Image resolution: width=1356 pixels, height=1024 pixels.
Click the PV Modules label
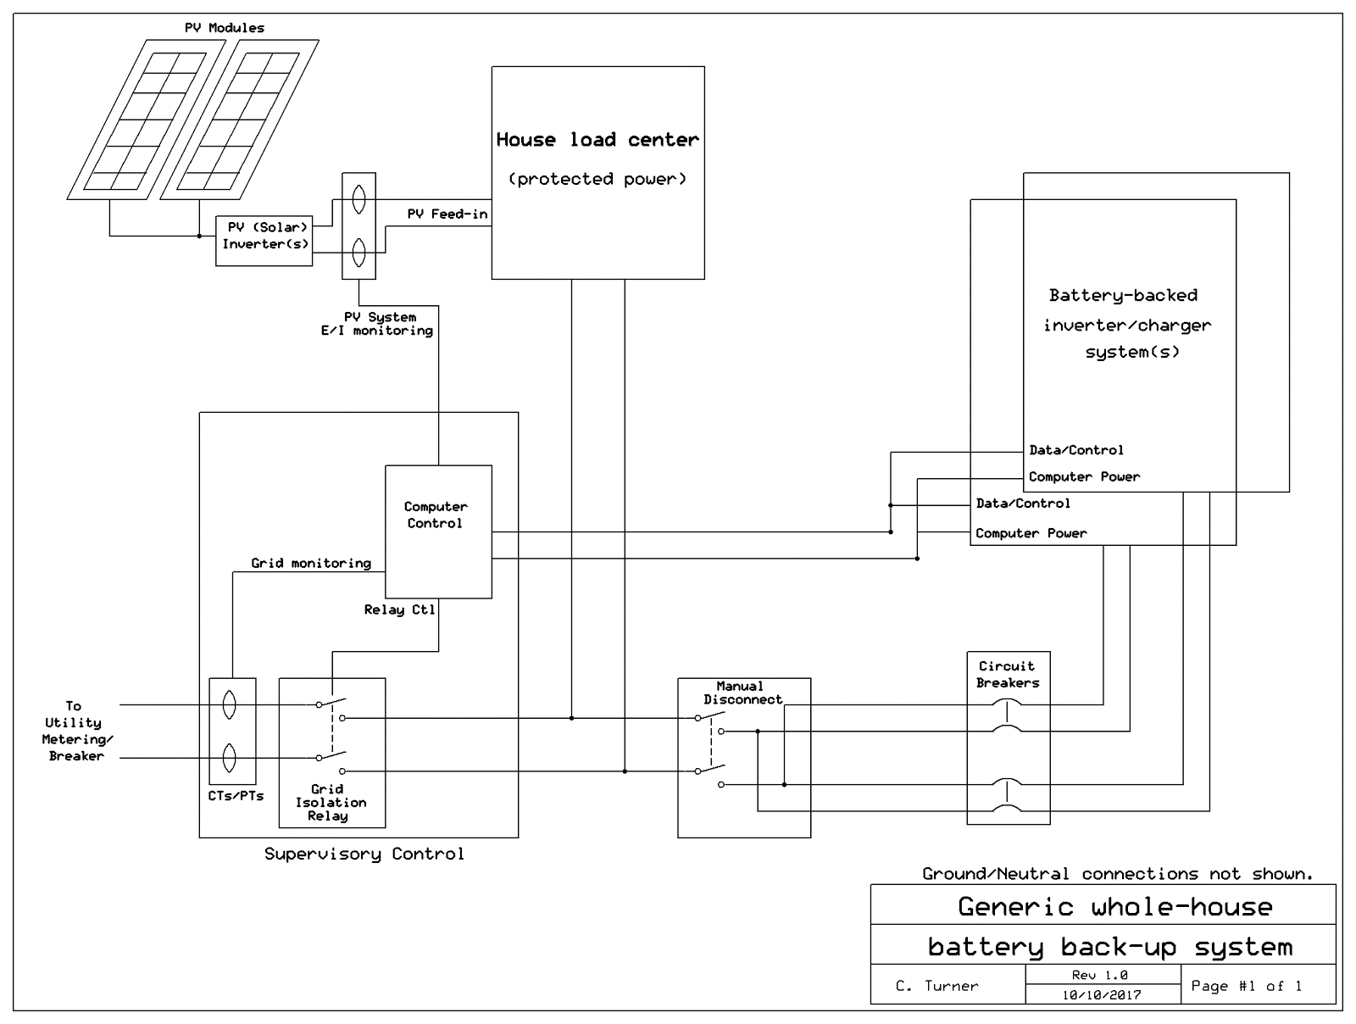(225, 28)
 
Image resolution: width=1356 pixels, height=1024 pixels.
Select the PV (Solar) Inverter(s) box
(264, 241)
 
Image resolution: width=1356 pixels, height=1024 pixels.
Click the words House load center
(597, 140)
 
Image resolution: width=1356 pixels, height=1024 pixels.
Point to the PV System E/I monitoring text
(377, 324)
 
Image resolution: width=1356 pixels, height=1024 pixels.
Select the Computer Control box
(437, 531)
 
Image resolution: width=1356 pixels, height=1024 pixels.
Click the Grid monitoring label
(310, 563)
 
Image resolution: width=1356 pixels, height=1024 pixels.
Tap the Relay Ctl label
(399, 609)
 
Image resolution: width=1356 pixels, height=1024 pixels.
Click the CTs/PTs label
(236, 796)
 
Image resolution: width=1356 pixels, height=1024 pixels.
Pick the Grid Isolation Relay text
(331, 802)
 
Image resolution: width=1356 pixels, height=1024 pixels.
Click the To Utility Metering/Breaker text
(75, 731)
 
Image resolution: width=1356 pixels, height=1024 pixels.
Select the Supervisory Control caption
(364, 854)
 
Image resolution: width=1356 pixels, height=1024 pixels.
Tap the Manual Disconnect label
(742, 693)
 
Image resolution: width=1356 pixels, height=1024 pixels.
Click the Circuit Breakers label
(1007, 674)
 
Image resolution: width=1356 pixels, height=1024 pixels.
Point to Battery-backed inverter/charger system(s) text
(1125, 324)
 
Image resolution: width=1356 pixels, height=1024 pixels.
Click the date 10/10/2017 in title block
(1102, 995)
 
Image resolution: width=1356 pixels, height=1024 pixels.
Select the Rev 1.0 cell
(1100, 975)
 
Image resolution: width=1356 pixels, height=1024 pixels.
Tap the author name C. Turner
(936, 986)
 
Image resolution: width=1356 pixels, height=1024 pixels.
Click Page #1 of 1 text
(1246, 986)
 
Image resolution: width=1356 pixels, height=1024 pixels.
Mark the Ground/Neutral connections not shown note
(1117, 873)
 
